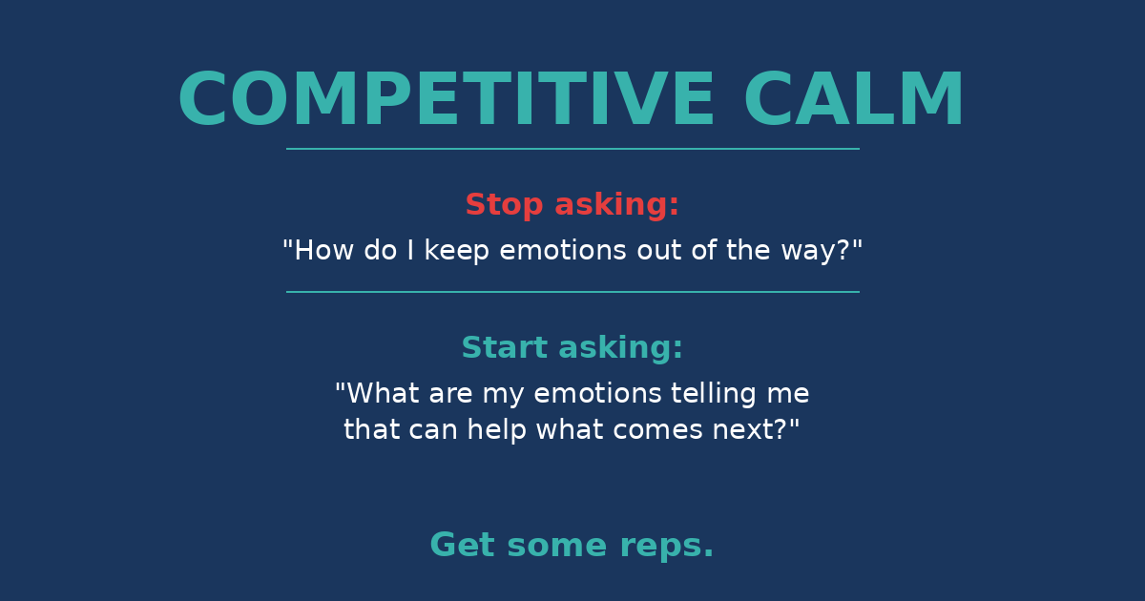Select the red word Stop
504,205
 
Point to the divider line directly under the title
572,149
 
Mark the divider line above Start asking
572,292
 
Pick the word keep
457,251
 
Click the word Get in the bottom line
463,546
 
